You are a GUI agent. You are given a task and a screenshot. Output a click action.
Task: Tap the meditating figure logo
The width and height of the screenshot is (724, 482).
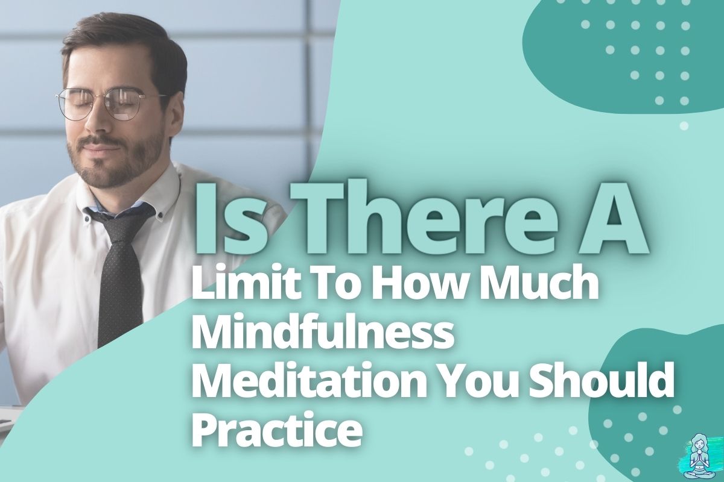[x=702, y=459]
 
